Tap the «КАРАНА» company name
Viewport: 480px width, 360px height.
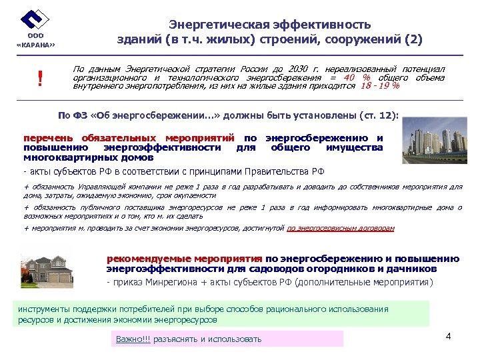pos(35,45)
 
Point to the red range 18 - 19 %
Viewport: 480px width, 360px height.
pos(379,86)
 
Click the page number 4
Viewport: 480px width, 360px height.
pos(448,335)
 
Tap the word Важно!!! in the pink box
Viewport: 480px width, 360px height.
pos(133,339)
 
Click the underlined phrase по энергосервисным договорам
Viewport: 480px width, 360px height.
pos(340,228)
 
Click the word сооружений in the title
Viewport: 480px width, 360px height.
pos(361,39)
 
